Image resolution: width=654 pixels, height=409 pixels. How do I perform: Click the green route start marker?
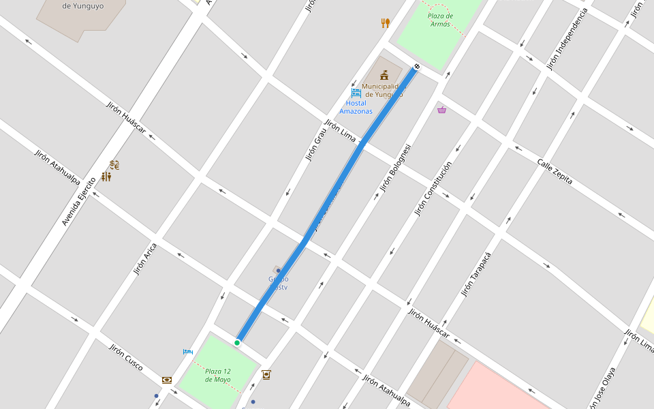point(237,342)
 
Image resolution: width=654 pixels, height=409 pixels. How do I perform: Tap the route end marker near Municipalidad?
point(417,67)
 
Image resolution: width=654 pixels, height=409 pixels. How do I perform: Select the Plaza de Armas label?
point(439,20)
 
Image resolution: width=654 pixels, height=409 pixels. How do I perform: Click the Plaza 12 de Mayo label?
point(218,375)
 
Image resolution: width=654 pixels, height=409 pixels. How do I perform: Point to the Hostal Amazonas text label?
point(356,107)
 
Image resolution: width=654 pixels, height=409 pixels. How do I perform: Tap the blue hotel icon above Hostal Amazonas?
point(356,92)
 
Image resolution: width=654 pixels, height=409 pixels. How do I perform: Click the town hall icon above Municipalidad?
point(384,75)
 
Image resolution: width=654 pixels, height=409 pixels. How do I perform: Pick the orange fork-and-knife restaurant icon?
point(386,23)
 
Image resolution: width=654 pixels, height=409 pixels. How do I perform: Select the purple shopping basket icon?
point(441,109)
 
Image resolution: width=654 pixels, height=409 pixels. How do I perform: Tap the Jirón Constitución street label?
point(433,190)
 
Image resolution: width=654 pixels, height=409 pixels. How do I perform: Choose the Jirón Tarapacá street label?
point(476,273)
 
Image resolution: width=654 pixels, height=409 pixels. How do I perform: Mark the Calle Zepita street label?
point(555,172)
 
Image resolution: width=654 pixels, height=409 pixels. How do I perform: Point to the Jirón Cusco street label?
point(126,357)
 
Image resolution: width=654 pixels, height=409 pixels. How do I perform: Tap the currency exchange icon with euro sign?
point(114,165)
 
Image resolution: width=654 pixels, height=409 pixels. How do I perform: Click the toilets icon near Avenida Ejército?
point(106,177)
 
